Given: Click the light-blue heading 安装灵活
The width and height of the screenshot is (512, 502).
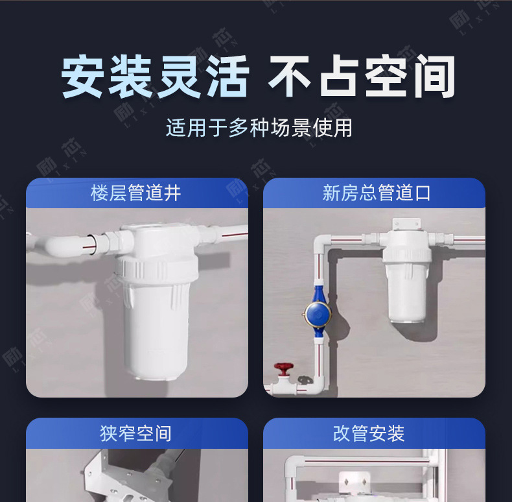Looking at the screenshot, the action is point(155,77).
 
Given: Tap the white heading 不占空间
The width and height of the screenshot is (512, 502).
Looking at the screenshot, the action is point(362,77).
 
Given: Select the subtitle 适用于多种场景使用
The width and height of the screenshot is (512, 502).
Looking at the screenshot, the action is point(259,128).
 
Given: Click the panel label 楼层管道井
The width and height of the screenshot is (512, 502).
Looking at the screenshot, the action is point(136,193).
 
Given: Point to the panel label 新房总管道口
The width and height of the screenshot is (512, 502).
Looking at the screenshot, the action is point(377,193).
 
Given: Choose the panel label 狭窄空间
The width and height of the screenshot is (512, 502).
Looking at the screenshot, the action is point(136,434).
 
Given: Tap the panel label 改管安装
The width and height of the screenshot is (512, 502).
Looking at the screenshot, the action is point(369,434).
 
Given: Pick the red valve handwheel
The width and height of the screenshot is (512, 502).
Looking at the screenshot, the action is point(283,368).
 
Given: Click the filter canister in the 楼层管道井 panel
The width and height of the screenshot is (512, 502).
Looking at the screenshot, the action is point(156,301).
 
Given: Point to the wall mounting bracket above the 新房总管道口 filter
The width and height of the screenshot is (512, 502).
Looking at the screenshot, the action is point(406,224).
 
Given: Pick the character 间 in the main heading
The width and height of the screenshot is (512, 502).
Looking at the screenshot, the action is point(434,77).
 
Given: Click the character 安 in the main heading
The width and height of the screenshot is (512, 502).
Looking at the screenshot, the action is point(82,77).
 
